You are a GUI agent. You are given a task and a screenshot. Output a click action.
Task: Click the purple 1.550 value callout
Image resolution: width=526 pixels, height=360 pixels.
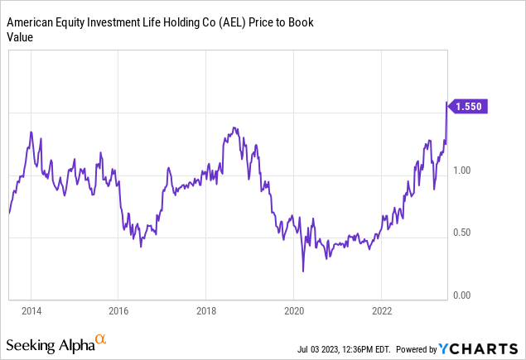pyautogui.click(x=471, y=106)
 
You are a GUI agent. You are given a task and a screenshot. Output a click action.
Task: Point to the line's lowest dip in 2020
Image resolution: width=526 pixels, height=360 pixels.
pyautogui.click(x=303, y=271)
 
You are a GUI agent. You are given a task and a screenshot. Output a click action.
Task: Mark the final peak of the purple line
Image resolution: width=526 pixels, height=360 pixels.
pyautogui.click(x=447, y=103)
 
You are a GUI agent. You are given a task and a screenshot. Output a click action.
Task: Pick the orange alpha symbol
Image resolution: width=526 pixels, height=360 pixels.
pyautogui.click(x=101, y=338)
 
